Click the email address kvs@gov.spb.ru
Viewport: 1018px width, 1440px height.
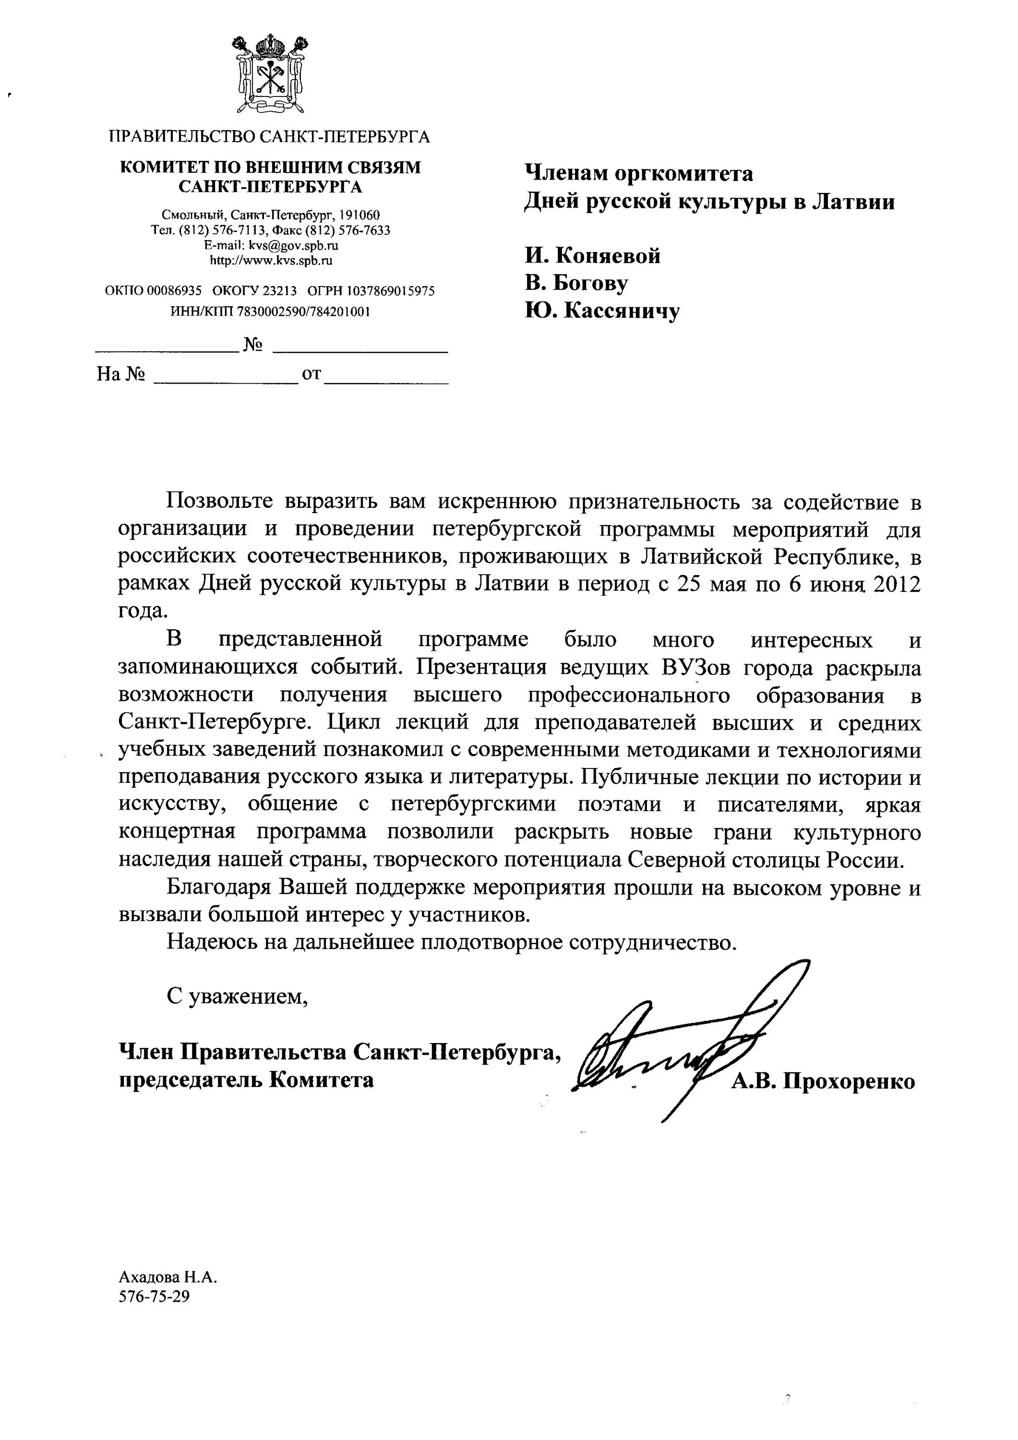[x=294, y=246]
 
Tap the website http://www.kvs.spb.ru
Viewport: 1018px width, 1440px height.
[x=271, y=260]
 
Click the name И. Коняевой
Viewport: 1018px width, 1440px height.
[x=593, y=256]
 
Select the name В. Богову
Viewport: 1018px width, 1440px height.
[x=576, y=284]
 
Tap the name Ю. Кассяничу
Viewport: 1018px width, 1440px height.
[x=602, y=311]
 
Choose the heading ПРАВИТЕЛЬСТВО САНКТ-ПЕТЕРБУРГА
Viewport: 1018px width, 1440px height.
[x=270, y=137]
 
